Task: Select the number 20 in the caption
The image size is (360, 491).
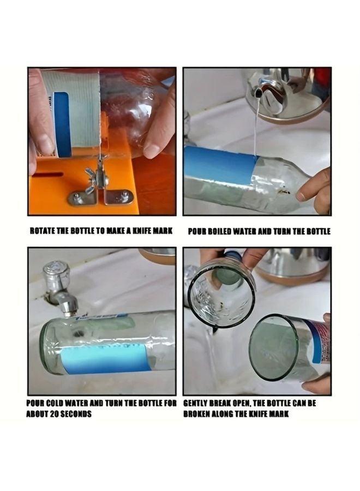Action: [54, 414]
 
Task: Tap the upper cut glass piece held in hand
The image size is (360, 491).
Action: [221, 292]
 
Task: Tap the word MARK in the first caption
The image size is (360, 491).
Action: [162, 231]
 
